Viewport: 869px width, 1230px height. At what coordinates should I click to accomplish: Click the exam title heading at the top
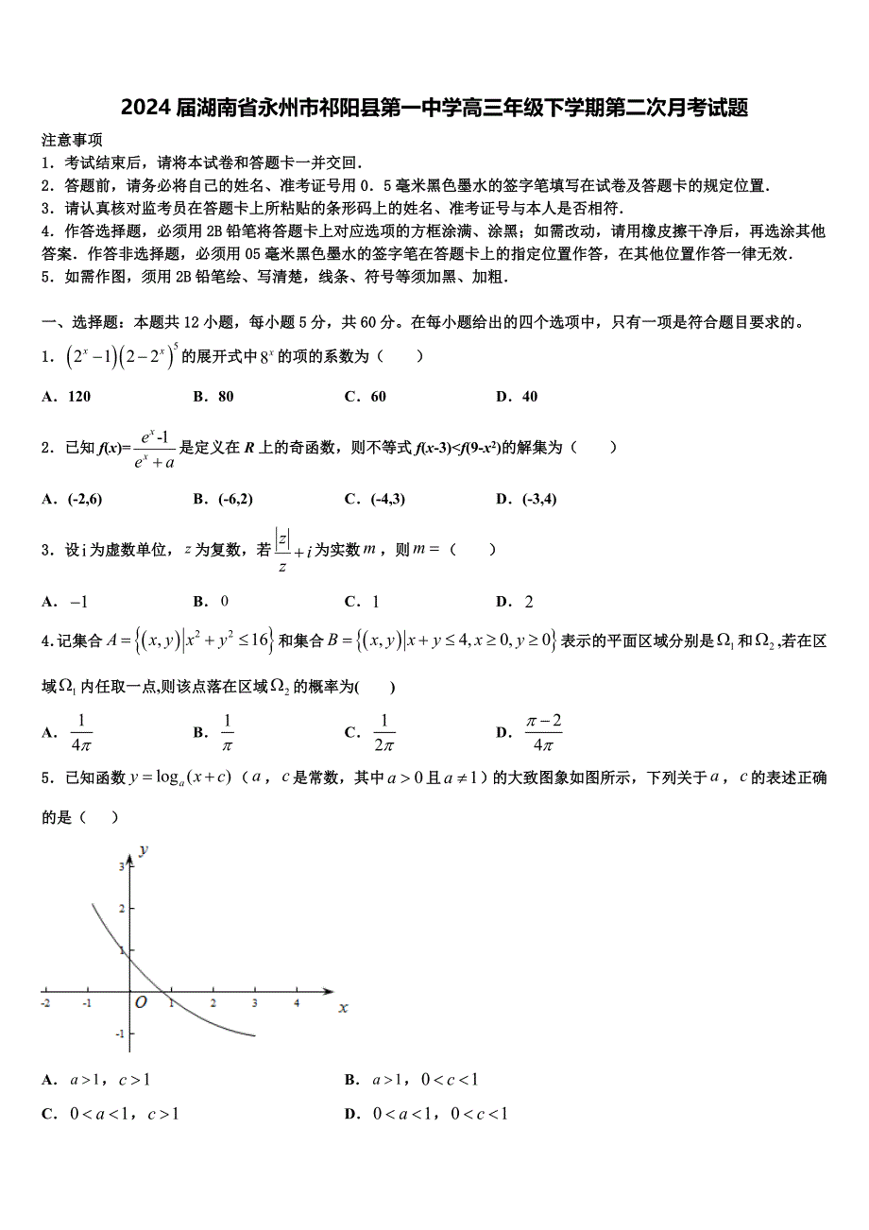pyautogui.click(x=434, y=108)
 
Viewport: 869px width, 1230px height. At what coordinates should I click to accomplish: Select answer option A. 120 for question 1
pyautogui.click(x=66, y=397)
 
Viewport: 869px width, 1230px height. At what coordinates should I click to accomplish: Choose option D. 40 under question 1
pyautogui.click(x=517, y=397)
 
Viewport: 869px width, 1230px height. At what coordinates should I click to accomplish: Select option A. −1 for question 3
pyautogui.click(x=65, y=602)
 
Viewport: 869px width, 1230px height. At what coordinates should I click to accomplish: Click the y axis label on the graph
pyautogui.click(x=143, y=849)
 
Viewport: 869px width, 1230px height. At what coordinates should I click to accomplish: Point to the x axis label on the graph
pyautogui.click(x=343, y=1008)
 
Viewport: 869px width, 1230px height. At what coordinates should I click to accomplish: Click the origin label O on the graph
pyautogui.click(x=141, y=1002)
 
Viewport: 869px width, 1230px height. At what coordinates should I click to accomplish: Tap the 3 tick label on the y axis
pyautogui.click(x=121, y=866)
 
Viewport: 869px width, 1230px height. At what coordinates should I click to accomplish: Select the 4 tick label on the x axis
pyautogui.click(x=297, y=1002)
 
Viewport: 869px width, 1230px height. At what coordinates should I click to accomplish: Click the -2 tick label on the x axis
pyautogui.click(x=45, y=1002)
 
